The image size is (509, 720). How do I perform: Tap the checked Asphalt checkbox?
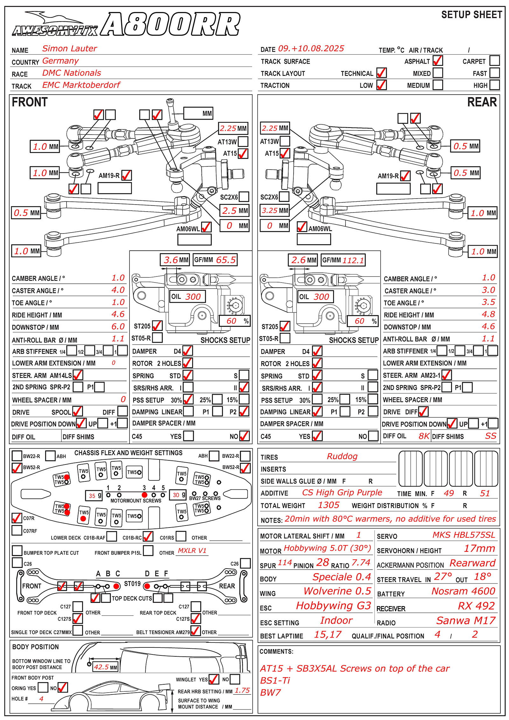[x=438, y=61]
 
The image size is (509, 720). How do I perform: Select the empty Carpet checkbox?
[x=494, y=61]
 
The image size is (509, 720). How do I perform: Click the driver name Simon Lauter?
[x=69, y=49]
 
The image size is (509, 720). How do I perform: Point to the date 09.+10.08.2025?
[x=311, y=49]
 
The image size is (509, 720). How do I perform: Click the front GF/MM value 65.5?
[x=226, y=260]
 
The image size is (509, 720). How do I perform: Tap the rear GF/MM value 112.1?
[x=353, y=261]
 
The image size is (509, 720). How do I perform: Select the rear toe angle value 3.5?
[x=488, y=302]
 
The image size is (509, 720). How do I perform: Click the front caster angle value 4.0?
[x=118, y=290]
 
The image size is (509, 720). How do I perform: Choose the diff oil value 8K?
[x=424, y=436]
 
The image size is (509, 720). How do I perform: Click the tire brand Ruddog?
[x=342, y=456]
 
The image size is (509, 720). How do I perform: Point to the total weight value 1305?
[x=329, y=505]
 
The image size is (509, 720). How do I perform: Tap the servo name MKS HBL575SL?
[x=464, y=535]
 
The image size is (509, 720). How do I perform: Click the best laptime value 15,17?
[x=327, y=635]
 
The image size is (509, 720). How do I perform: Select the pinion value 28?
[x=323, y=563]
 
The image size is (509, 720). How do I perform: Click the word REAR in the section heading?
[x=482, y=102]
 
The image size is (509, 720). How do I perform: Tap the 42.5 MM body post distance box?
[x=105, y=667]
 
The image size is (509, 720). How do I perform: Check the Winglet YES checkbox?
[x=214, y=679]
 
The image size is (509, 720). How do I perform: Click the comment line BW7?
[x=270, y=692]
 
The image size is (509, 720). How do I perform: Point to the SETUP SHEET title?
[x=471, y=15]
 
